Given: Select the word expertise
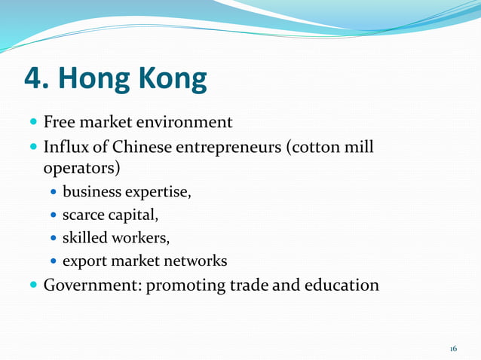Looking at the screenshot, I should click(x=158, y=191).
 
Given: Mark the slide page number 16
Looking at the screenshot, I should click(x=453, y=349).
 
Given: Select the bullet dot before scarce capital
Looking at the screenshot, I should click(x=54, y=216).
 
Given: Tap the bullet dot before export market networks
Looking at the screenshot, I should click(x=54, y=263).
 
